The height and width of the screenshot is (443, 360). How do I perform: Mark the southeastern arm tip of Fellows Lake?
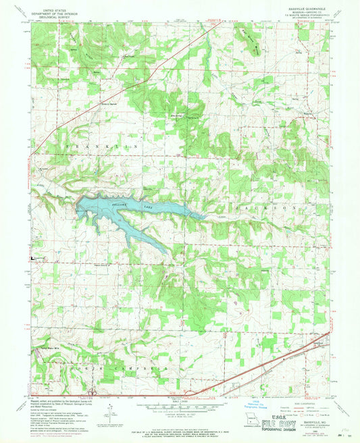(165, 251)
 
